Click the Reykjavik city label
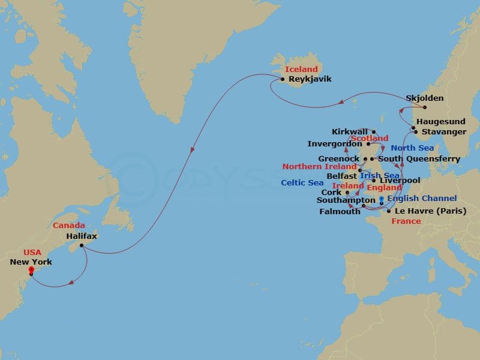[x=310, y=79]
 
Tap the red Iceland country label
[x=301, y=69]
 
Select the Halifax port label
[x=82, y=236]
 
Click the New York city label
[x=31, y=262]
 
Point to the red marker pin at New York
[x=31, y=271]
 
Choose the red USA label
[x=32, y=253]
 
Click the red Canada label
[x=69, y=226]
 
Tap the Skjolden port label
[x=425, y=98]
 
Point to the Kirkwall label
[x=350, y=131]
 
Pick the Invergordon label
[x=335, y=144]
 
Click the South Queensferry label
[x=419, y=159]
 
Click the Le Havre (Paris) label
[x=430, y=211]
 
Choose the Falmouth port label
[x=341, y=211]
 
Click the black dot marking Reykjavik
[x=283, y=79]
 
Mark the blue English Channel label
[x=422, y=198]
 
